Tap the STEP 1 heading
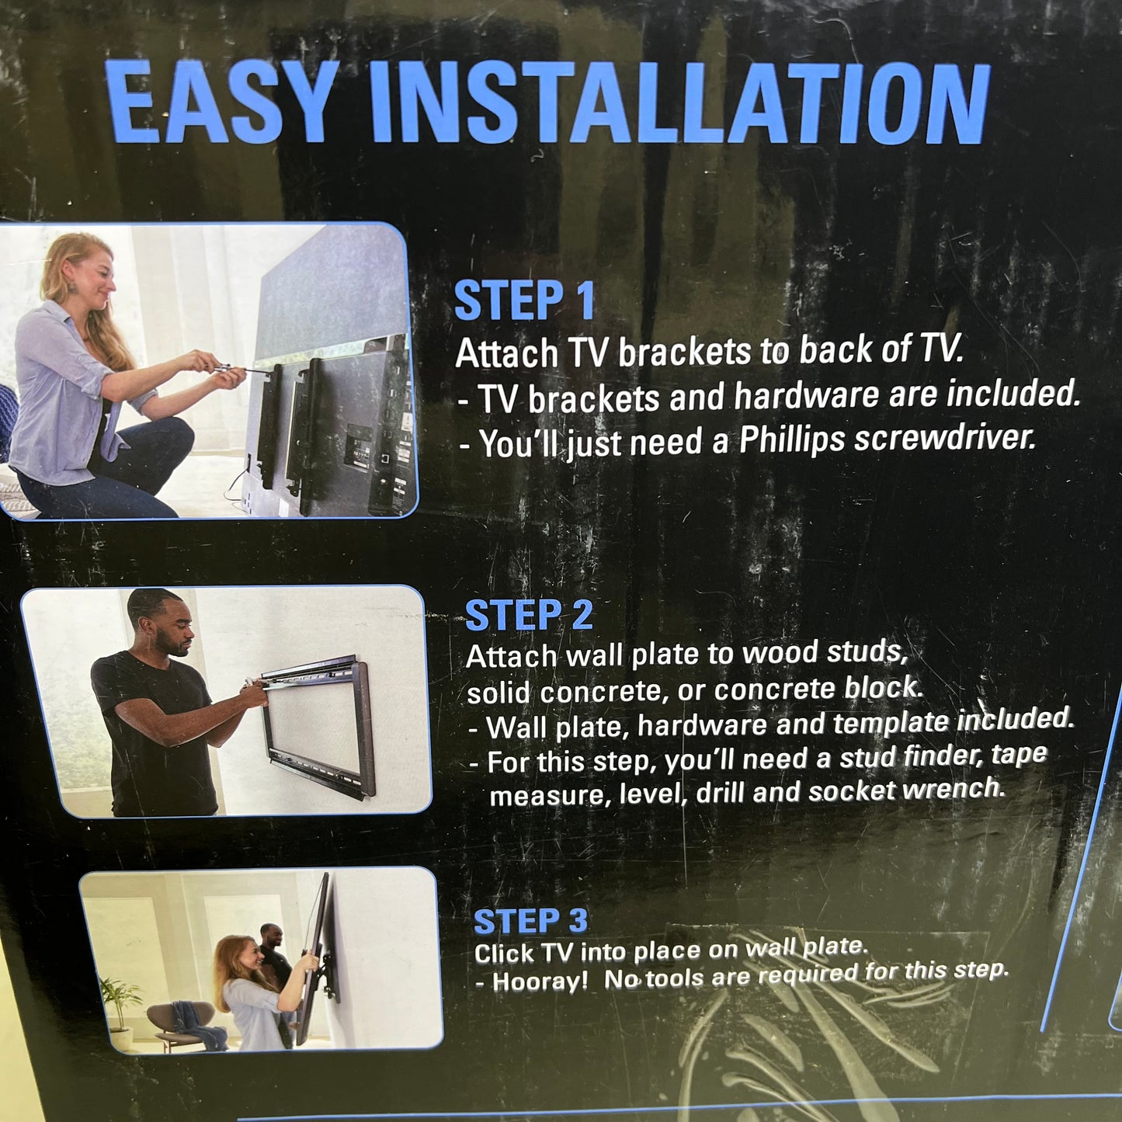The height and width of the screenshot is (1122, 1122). click(x=524, y=300)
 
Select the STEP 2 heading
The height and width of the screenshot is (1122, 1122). click(x=529, y=616)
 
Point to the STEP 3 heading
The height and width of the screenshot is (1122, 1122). click(x=530, y=921)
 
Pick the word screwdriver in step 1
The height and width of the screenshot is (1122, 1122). click(x=944, y=436)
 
